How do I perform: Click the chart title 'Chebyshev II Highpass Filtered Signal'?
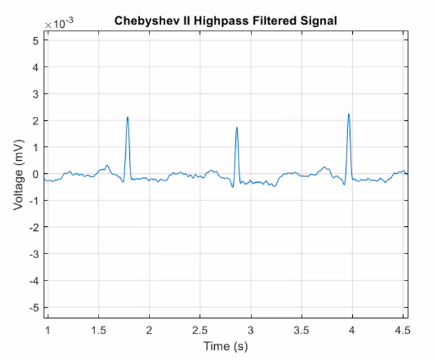pos(226,21)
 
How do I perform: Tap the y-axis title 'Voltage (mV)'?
pos(19,174)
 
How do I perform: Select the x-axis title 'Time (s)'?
pos(226,346)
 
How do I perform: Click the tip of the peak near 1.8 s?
pos(127,117)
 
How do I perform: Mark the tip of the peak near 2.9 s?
pos(237,127)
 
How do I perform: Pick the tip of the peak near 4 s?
pos(348,114)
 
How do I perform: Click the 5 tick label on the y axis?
pos(36,41)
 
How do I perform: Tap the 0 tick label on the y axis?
pos(36,174)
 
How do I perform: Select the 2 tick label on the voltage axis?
pos(36,121)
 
